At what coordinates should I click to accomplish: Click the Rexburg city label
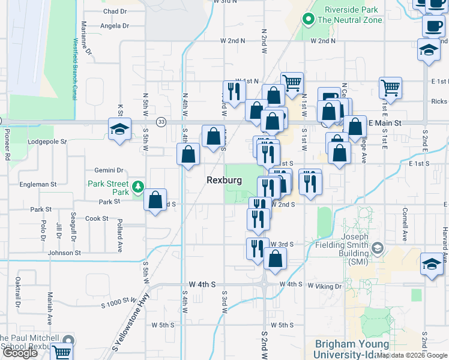(x=224, y=180)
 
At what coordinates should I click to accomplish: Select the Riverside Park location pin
(x=309, y=19)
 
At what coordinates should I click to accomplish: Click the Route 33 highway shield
(x=161, y=122)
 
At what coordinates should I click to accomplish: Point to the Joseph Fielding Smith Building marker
(x=378, y=248)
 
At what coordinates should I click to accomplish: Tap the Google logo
(x=20, y=353)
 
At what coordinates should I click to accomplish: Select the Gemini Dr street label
(x=108, y=170)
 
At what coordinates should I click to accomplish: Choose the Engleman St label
(x=37, y=185)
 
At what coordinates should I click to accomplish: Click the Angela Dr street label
(x=115, y=26)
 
